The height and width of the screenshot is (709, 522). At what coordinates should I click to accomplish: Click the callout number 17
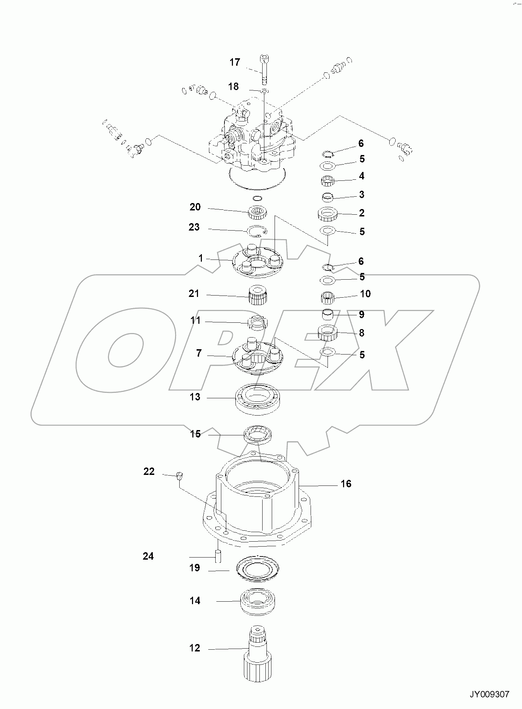(235, 62)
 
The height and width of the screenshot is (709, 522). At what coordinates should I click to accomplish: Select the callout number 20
(195, 207)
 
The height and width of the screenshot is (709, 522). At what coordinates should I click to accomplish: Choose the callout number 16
(346, 483)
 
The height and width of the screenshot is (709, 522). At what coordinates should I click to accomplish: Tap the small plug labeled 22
(179, 476)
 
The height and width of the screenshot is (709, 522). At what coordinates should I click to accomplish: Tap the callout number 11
(195, 320)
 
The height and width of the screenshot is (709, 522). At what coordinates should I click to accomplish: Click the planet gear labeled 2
(328, 214)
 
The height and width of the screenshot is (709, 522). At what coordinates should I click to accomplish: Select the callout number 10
(365, 294)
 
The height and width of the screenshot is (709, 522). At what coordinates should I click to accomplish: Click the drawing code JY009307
(489, 694)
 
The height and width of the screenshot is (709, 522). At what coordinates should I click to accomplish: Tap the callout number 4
(361, 176)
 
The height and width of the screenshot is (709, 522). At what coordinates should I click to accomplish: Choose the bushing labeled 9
(328, 314)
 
